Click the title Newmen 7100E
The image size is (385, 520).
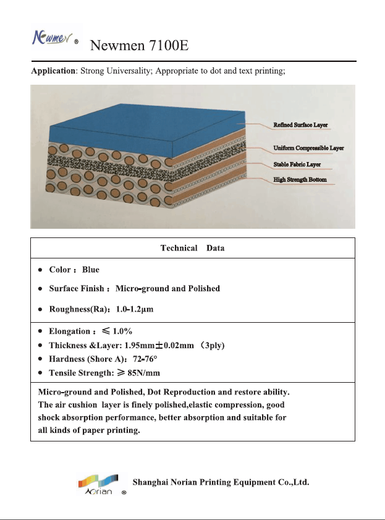pyautogui.click(x=139, y=46)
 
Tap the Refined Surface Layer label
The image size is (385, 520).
pyautogui.click(x=300, y=125)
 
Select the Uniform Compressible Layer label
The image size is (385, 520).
pyautogui.click(x=308, y=148)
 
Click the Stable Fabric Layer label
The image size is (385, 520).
pyautogui.click(x=297, y=165)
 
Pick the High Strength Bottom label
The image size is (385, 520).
pyautogui.click(x=300, y=180)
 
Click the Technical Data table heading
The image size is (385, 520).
pyautogui.click(x=192, y=248)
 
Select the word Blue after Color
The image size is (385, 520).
pyautogui.click(x=91, y=270)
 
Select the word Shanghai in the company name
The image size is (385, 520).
pyautogui.click(x=153, y=482)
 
